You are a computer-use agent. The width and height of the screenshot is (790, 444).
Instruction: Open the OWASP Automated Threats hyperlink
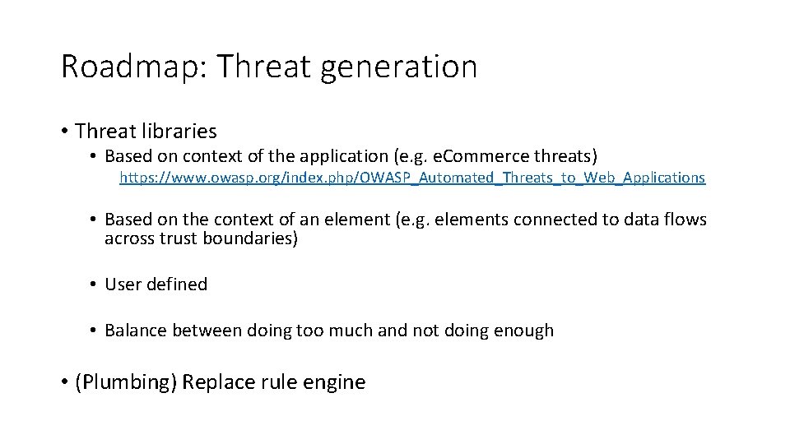coord(412,177)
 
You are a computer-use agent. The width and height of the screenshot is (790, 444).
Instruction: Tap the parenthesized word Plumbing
coord(126,382)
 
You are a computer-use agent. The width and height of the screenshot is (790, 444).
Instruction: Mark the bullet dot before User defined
coord(95,285)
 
